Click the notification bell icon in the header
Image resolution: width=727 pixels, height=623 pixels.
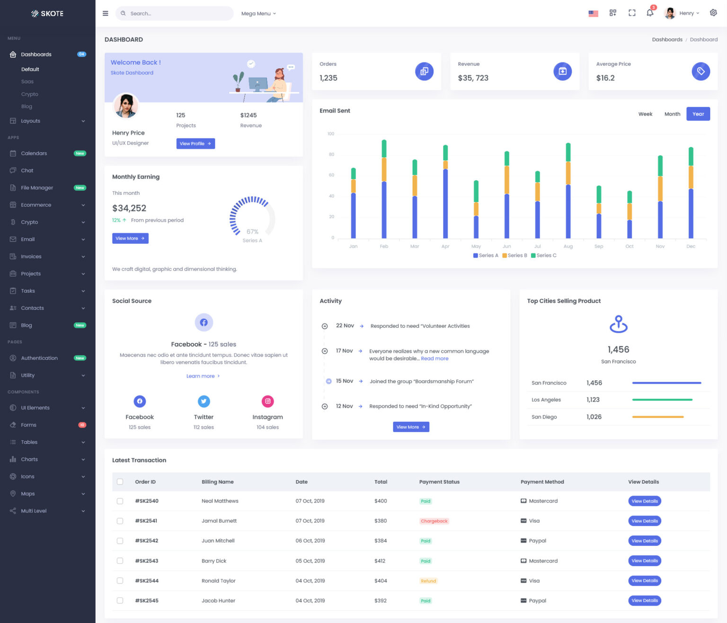[x=650, y=13]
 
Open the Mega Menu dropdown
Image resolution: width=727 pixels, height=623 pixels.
[x=258, y=14]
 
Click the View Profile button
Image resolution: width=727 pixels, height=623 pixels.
[x=195, y=144]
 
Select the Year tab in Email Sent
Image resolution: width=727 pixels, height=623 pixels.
[x=698, y=114]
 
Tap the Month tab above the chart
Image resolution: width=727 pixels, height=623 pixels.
[x=672, y=114]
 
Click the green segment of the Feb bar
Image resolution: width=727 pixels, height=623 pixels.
[x=384, y=149]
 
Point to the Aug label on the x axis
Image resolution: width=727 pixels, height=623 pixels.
[x=568, y=246]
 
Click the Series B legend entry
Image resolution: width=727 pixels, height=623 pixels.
[x=514, y=255]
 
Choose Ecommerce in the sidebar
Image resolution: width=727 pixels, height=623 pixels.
[x=36, y=205]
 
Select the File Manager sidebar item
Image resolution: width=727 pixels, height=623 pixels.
[x=37, y=188]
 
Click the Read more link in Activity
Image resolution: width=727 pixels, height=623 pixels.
[x=434, y=359]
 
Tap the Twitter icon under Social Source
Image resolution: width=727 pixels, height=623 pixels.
[x=204, y=401]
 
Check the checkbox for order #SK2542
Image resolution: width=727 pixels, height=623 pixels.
[x=120, y=541]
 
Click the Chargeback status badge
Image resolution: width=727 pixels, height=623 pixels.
[x=434, y=521]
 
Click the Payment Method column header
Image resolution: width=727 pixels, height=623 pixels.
[x=542, y=482]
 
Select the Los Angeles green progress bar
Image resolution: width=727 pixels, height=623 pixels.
[x=662, y=400]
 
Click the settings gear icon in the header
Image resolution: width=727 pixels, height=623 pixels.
[x=713, y=13]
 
